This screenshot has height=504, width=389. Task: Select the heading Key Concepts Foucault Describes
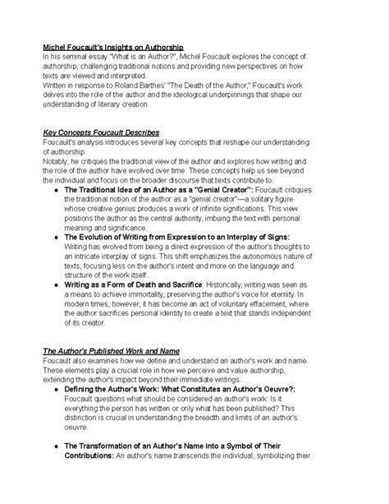[101, 133]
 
